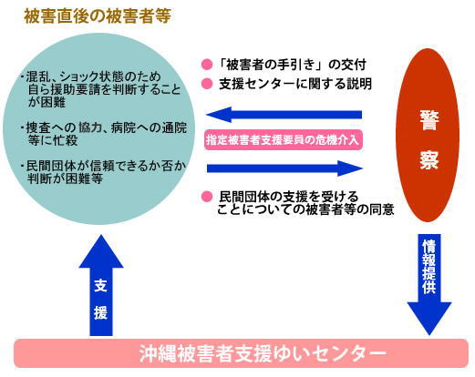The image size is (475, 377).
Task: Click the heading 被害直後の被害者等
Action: [98, 16]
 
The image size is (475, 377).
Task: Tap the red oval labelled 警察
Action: [428, 135]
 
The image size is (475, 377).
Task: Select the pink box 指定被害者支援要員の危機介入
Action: [284, 140]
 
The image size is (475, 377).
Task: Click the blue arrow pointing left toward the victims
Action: [284, 115]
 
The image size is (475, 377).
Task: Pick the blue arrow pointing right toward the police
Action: [284, 168]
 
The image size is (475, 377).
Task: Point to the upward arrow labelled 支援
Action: [101, 285]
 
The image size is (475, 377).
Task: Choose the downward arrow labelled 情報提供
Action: [429, 284]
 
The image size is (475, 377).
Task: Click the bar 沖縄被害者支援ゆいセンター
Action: [241, 353]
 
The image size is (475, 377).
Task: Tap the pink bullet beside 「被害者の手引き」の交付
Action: [207, 65]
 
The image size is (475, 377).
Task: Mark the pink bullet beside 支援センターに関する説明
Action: [207, 84]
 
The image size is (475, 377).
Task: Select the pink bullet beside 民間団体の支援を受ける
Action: [207, 197]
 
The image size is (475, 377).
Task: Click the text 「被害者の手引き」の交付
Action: [293, 65]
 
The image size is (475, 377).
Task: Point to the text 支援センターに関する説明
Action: [295, 84]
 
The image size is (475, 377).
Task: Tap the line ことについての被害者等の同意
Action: [305, 209]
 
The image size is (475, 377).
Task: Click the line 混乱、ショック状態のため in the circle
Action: [90, 76]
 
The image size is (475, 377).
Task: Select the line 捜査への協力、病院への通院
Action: [104, 127]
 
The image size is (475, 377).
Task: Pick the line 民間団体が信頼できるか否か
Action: [103, 166]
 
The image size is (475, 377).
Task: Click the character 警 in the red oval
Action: [429, 120]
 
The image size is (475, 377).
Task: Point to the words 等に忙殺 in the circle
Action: [53, 140]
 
